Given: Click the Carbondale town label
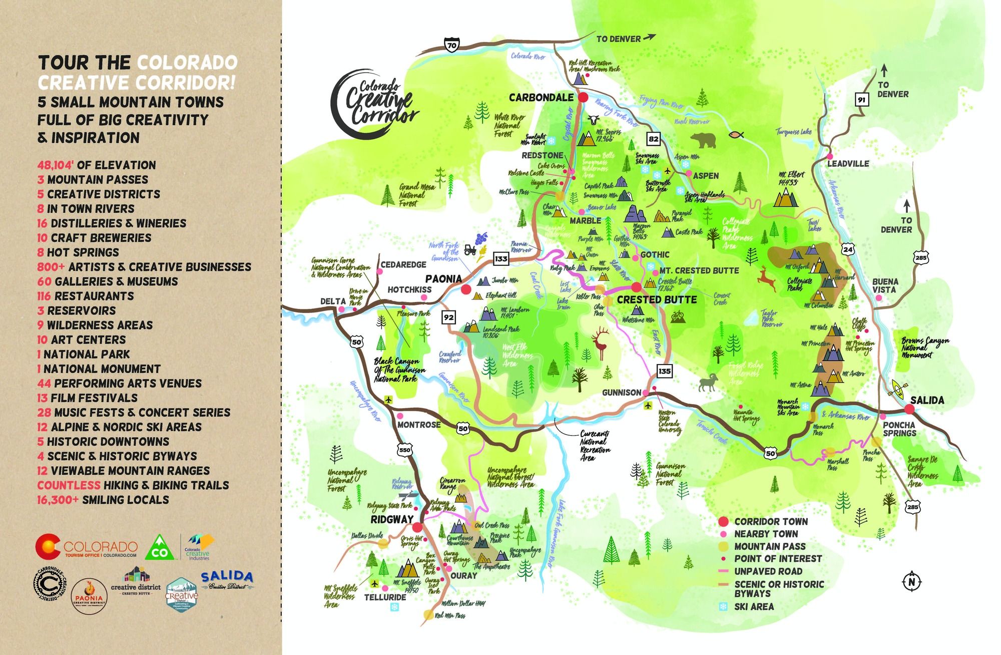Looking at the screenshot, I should [541, 97].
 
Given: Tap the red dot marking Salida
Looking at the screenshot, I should [910, 409].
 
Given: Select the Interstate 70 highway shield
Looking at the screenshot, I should [451, 45].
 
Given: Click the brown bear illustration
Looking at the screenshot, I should [704, 141].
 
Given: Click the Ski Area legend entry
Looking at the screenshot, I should [754, 606].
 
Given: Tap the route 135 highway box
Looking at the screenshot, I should [665, 371].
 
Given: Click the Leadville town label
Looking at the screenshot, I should [848, 164].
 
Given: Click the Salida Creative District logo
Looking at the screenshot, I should [227, 580].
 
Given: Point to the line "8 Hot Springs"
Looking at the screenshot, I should [78, 252].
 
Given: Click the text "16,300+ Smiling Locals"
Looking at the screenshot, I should [103, 500].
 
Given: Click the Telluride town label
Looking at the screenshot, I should [385, 597].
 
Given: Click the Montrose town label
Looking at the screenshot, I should [419, 425].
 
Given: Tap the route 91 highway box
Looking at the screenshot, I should [861, 100].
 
